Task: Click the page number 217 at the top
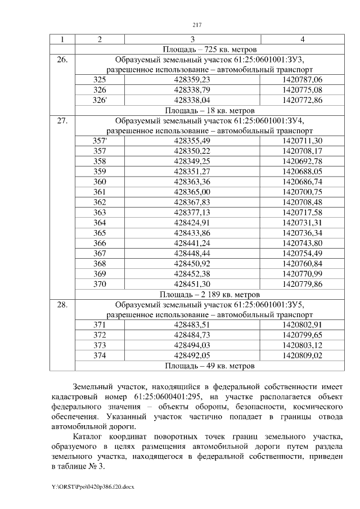(x=197, y=25)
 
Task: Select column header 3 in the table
(x=192, y=39)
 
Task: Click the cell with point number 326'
(x=100, y=100)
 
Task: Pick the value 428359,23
(x=192, y=80)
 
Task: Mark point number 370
(x=100, y=283)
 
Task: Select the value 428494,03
(x=192, y=345)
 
